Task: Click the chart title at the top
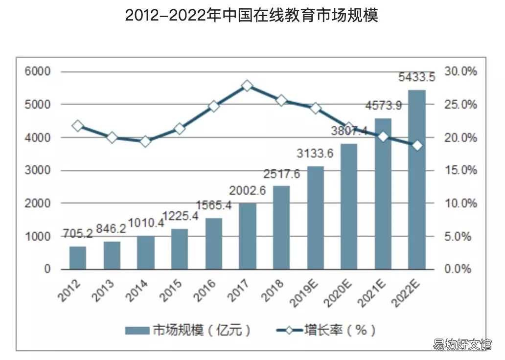coord(252,16)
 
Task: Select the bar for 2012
coord(78,258)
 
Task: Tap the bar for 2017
coord(247,236)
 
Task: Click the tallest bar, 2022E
coord(417,180)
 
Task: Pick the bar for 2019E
coord(316,218)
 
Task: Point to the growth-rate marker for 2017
coord(247,86)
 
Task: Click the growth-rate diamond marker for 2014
coord(145,141)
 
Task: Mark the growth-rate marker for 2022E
coord(417,146)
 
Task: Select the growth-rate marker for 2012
coord(78,126)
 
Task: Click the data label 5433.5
coord(416,78)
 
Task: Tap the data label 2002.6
coord(247,191)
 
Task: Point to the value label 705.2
coord(78,233)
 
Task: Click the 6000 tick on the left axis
coord(38,71)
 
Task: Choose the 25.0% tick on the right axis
coord(460,104)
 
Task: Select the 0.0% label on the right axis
coord(458,269)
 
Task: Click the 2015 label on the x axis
coord(171,291)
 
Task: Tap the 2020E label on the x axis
coord(338,293)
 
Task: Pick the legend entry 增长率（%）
coord(326,330)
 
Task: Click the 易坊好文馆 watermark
coord(462,344)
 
